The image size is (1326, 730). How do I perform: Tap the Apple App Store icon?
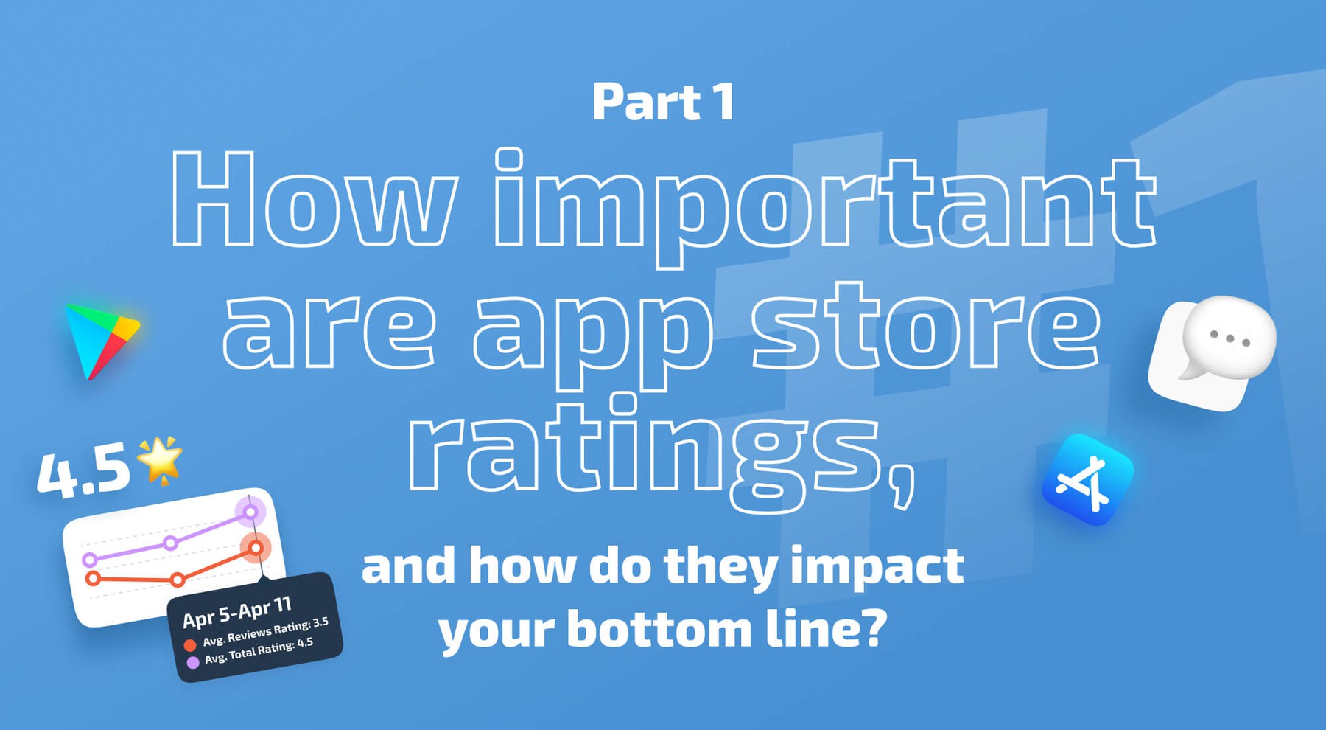coord(1087,480)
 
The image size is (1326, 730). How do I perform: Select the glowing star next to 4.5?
coord(161,460)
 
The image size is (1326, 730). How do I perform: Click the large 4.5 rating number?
coord(83,473)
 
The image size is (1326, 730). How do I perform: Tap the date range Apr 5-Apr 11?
coord(237,613)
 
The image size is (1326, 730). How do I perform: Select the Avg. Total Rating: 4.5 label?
coord(259,651)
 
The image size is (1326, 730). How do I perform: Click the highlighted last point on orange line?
coord(256,548)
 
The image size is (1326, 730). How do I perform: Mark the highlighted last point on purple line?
coord(250,512)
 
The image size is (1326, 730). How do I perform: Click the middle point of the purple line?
coord(170,543)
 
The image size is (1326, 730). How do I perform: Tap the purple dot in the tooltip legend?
coord(193,662)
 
